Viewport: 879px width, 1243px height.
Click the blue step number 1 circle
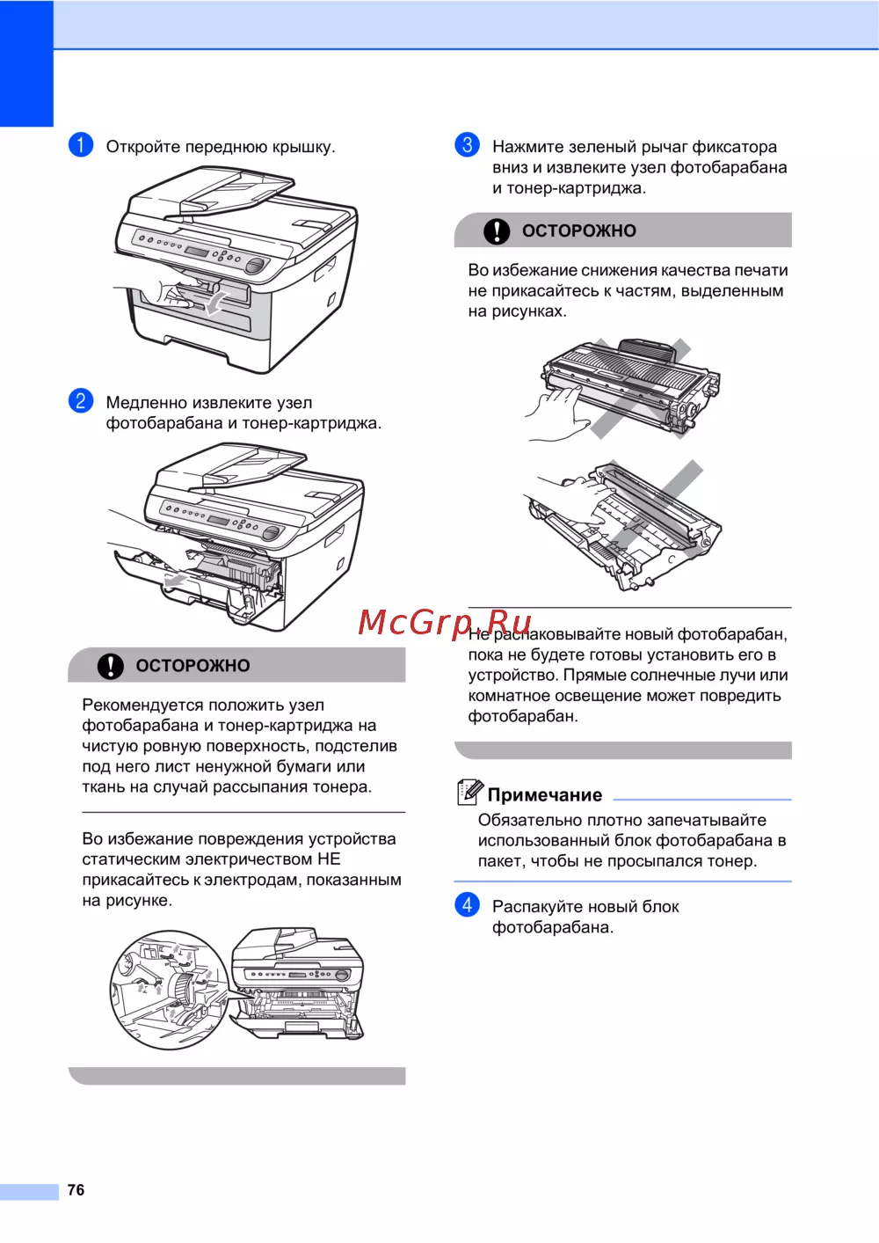[x=80, y=145]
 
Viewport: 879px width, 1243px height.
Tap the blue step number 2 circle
[x=80, y=400]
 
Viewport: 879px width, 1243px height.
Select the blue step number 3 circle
[x=467, y=145]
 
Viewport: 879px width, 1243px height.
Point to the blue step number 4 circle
[x=467, y=905]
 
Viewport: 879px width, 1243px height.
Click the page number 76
[x=76, y=1189]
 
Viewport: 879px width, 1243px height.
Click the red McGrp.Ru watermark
[x=445, y=622]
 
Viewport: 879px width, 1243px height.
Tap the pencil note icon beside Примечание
[x=469, y=792]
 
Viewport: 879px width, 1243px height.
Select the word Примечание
[x=545, y=795]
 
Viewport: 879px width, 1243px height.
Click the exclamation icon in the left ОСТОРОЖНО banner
[x=111, y=665]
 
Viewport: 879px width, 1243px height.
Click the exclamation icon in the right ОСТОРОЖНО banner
[x=497, y=230]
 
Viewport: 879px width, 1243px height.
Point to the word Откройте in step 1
[x=143, y=147]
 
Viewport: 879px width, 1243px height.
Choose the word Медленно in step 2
[x=147, y=402]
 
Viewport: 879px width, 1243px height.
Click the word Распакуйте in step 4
[x=537, y=908]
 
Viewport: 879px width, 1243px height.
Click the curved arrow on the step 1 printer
[x=214, y=303]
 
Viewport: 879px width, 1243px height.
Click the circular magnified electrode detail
[x=170, y=991]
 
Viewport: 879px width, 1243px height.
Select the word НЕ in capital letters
[x=329, y=859]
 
